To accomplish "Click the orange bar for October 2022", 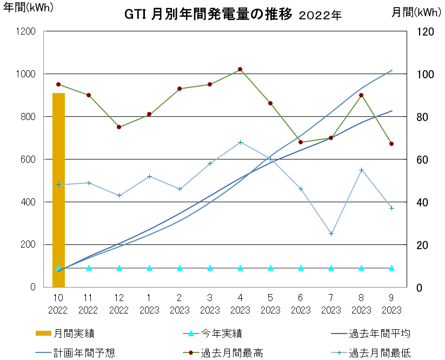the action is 58,190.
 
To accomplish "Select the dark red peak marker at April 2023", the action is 240,69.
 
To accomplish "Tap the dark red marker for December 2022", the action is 119,127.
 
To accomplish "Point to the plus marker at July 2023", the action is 331,234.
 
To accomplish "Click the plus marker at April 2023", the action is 240,142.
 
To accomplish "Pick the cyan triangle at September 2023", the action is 391,268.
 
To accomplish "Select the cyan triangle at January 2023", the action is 149,268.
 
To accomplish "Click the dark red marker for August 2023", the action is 361,95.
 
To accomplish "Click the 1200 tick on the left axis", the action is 26,31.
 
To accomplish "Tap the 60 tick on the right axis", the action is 422,159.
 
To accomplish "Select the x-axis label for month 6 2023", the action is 301,304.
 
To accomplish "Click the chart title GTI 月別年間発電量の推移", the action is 208,14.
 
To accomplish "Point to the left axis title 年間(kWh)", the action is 28,8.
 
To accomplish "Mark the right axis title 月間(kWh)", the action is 416,12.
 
